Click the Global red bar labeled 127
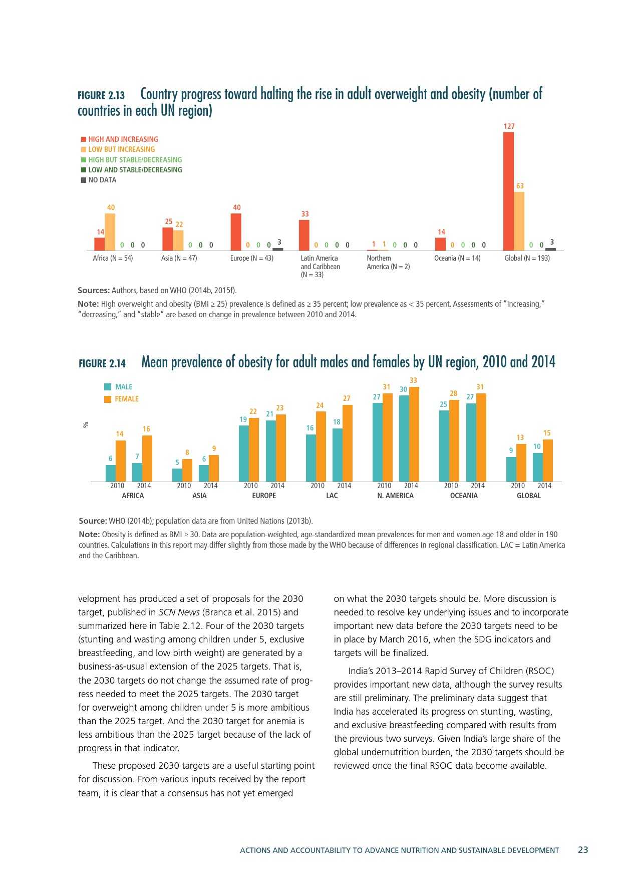[508, 191]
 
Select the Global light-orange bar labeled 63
[519, 221]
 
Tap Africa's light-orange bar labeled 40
[110, 232]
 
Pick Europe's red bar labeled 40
[236, 232]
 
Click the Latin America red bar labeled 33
[304, 235]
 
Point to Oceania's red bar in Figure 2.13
[440, 244]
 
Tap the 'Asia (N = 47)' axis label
[179, 258]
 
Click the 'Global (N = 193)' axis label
[527, 258]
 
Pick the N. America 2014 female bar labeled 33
[414, 434]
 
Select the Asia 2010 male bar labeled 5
[177, 475]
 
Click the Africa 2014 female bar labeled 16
[147, 459]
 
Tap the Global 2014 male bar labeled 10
[538, 467]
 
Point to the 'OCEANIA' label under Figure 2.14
[464, 496]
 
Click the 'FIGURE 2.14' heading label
[102, 363]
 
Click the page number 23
[583, 850]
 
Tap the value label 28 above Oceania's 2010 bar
[453, 393]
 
